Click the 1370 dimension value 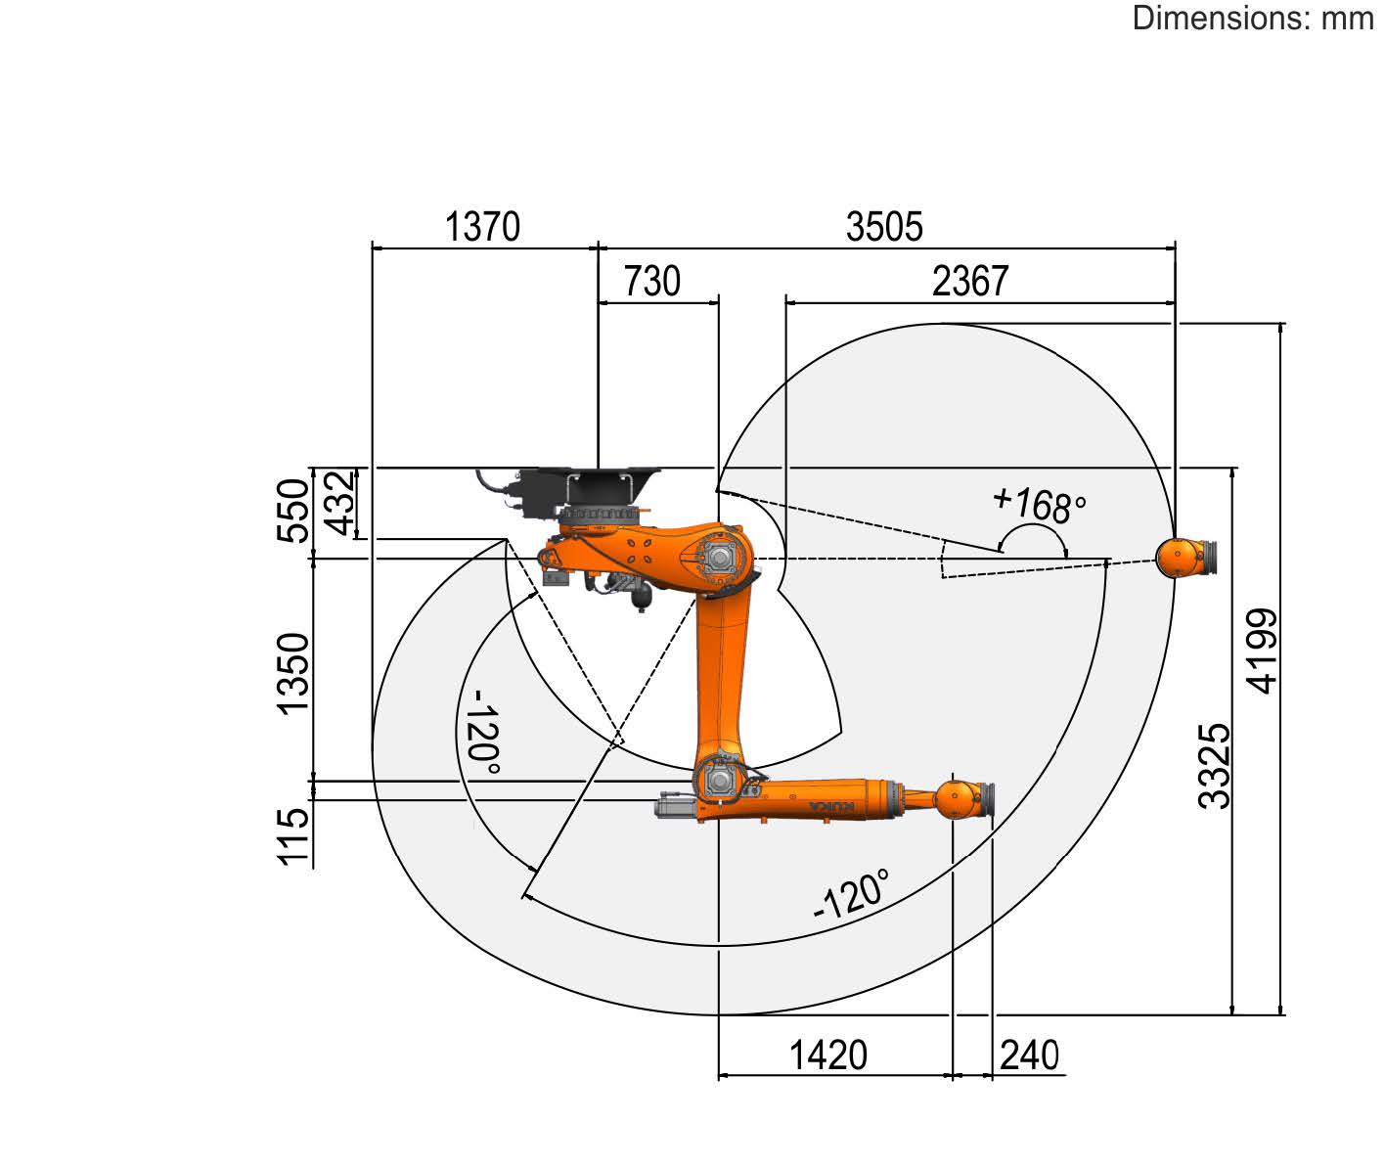482,227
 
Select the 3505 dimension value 884,227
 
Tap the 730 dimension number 652,282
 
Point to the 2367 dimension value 969,282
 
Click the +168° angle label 1040,505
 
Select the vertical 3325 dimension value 1215,767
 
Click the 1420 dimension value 828,1056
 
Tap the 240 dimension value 1029,1056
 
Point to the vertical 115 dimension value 293,837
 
